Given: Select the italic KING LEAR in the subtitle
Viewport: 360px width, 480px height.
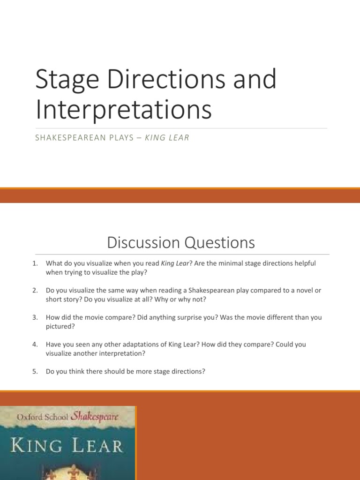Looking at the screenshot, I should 167,138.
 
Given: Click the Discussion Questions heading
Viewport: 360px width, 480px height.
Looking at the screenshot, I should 180,242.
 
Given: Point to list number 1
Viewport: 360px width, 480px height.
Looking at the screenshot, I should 35,263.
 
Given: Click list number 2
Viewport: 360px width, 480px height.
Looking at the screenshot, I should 35,290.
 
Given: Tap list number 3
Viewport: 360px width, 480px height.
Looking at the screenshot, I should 35,317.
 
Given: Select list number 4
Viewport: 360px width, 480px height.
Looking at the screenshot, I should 35,344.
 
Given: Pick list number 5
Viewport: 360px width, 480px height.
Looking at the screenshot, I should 35,371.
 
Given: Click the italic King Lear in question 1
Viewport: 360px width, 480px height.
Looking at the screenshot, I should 175,263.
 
